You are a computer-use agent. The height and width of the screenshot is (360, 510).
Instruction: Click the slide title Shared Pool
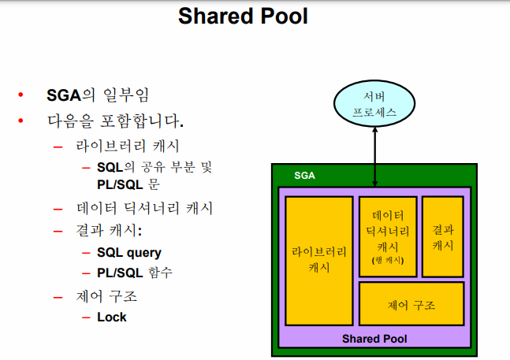click(243, 17)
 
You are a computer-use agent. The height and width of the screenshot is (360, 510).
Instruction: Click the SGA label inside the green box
click(304, 176)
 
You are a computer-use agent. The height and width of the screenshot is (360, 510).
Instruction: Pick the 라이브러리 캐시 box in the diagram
click(319, 260)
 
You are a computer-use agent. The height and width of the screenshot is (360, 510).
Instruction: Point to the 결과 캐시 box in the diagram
click(443, 236)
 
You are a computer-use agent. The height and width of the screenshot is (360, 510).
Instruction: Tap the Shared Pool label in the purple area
click(374, 339)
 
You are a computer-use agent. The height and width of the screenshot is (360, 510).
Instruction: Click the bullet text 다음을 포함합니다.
click(115, 122)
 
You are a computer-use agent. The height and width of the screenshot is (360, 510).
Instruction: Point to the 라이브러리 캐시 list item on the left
click(128, 147)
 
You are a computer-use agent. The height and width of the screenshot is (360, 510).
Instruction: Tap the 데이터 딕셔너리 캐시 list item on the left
click(144, 209)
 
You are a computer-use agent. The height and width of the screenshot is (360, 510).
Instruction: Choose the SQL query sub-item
click(129, 253)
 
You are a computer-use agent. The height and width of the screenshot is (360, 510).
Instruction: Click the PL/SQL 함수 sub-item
click(135, 273)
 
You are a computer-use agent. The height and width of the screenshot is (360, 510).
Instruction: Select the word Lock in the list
click(111, 317)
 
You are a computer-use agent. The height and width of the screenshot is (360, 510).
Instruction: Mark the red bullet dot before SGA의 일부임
click(21, 96)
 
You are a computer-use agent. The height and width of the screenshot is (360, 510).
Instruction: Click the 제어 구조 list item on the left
click(106, 297)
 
